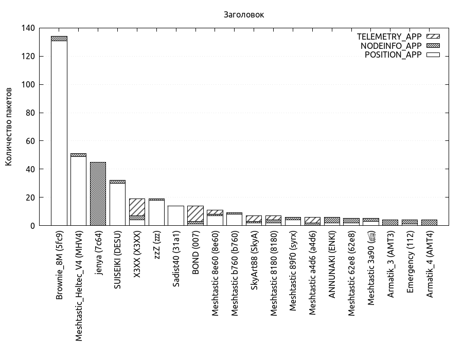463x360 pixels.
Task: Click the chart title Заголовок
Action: (244, 15)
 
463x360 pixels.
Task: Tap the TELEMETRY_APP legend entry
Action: (389, 37)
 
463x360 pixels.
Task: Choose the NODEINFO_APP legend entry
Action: (391, 46)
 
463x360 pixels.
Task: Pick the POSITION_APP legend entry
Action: (393, 55)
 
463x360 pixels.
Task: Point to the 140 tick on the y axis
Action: (28, 28)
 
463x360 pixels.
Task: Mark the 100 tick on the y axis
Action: (28, 85)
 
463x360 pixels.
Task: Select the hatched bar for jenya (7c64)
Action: (98, 194)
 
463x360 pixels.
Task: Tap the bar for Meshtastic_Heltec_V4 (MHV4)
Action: (78, 191)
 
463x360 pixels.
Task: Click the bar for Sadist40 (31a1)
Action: (176, 215)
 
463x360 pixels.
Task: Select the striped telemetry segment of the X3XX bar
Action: (137, 207)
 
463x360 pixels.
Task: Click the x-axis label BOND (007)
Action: (195, 255)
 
